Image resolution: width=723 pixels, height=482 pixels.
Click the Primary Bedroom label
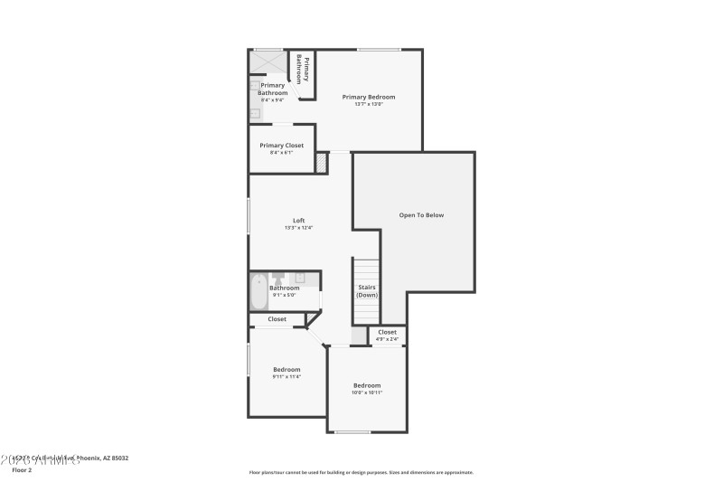point(368,97)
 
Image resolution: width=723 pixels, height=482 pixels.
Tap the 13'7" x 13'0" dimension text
point(368,104)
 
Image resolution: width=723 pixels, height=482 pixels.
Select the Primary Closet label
point(281,146)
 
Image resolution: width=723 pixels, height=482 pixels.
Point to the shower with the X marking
point(267,62)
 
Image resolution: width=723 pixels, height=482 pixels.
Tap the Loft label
point(298,221)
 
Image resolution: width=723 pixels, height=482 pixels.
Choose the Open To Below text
point(421,215)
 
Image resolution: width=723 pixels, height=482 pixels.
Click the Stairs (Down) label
point(366,291)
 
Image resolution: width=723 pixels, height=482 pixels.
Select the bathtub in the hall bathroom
point(258,291)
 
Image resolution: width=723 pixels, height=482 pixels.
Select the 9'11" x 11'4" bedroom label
point(286,373)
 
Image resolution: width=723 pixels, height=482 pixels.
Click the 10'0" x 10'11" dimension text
point(366,393)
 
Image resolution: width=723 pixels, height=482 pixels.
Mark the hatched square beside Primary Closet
point(321,163)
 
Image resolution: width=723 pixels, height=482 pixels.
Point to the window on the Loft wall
point(249,215)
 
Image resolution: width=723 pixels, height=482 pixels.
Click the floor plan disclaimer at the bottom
point(361,472)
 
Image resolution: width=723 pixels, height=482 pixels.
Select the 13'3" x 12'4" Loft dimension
point(298,228)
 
